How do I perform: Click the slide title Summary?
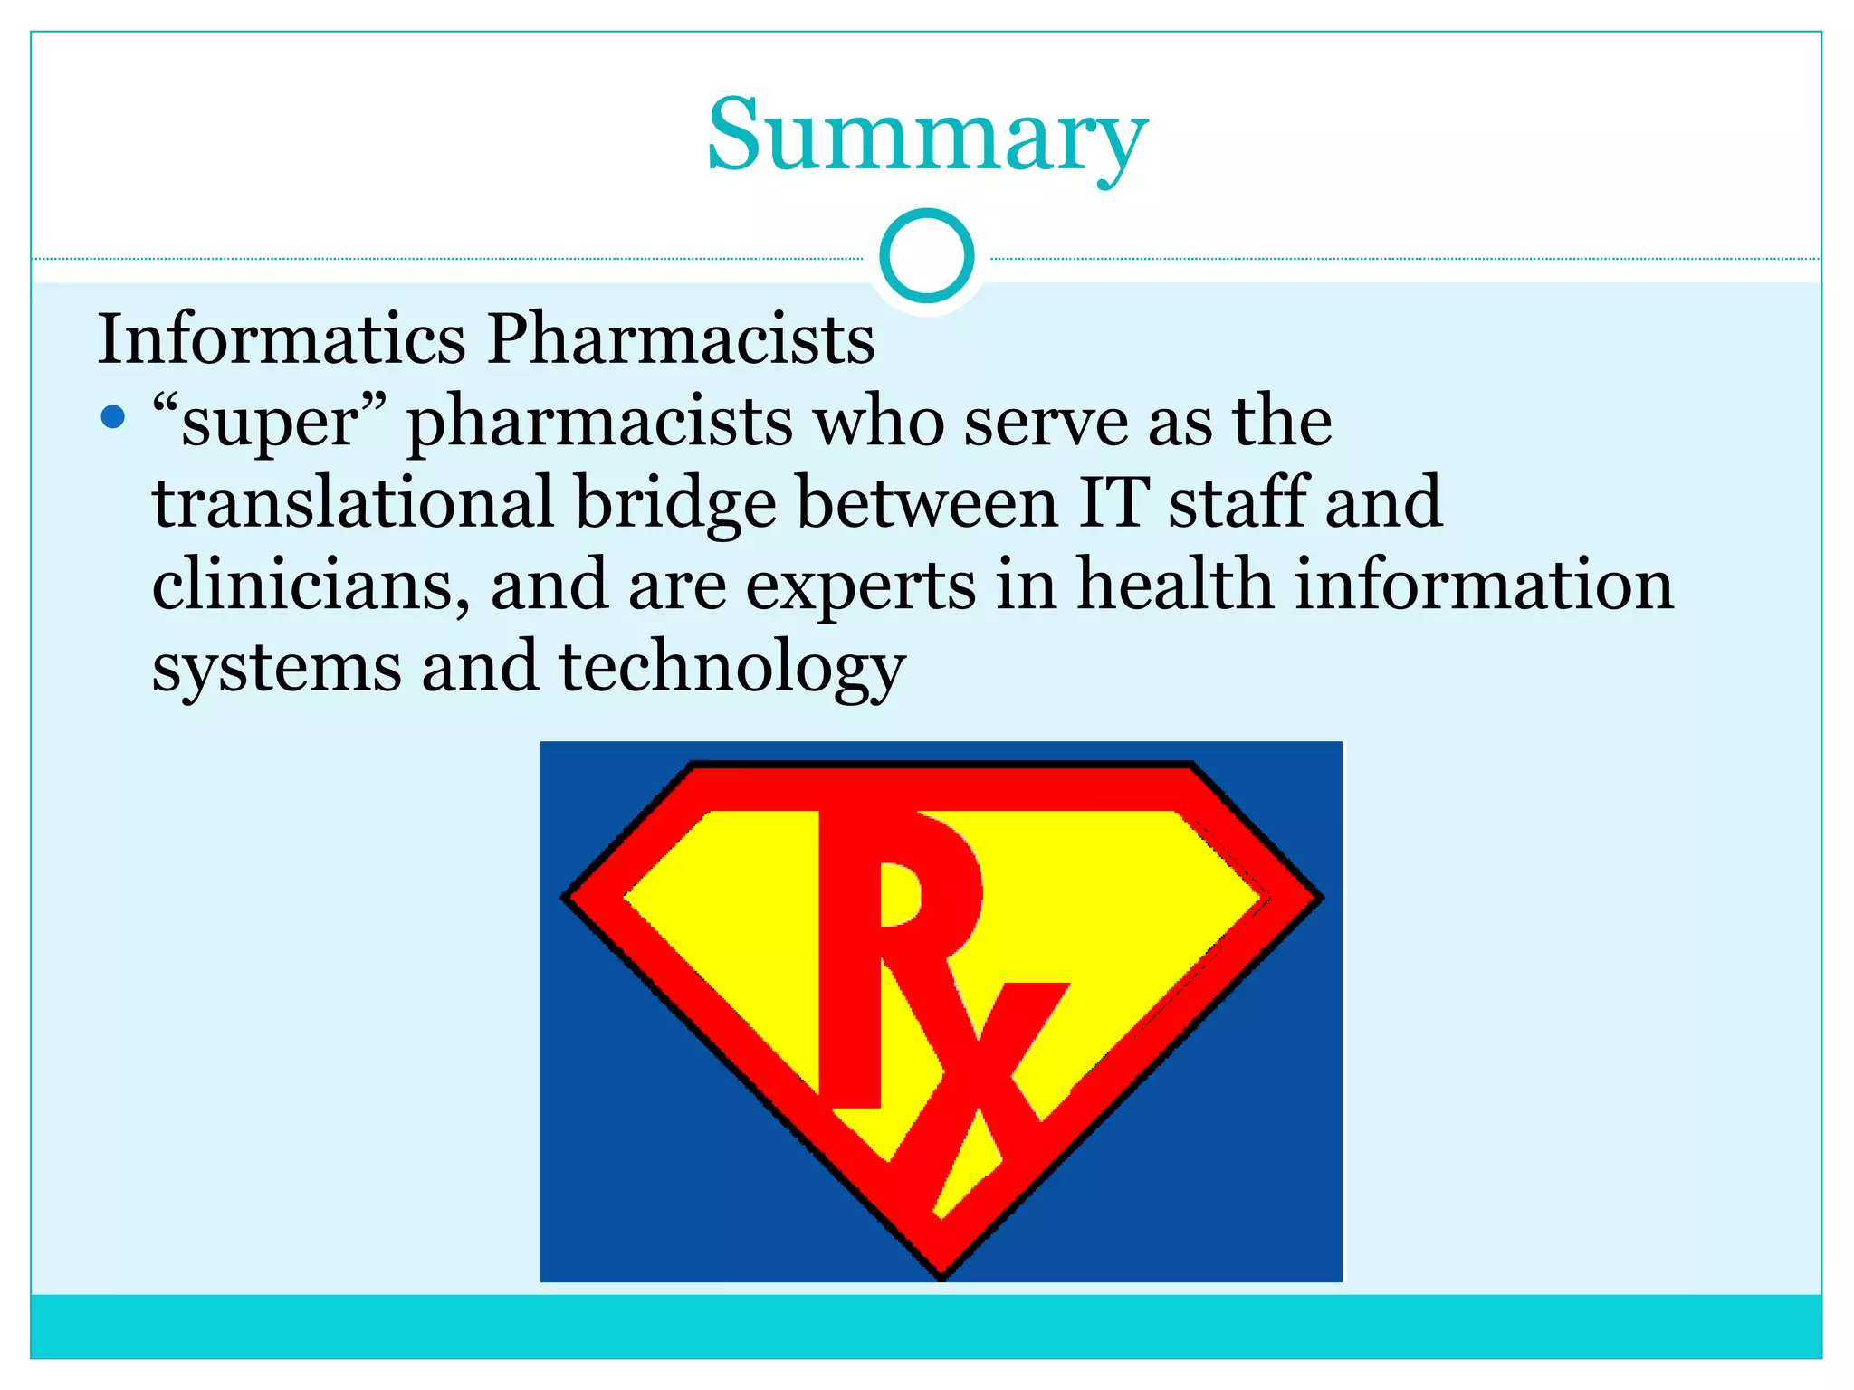click(927, 136)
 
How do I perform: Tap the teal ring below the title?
click(927, 256)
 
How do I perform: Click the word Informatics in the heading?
click(281, 338)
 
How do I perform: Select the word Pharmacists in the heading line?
click(681, 338)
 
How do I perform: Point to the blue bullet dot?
click(112, 417)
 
